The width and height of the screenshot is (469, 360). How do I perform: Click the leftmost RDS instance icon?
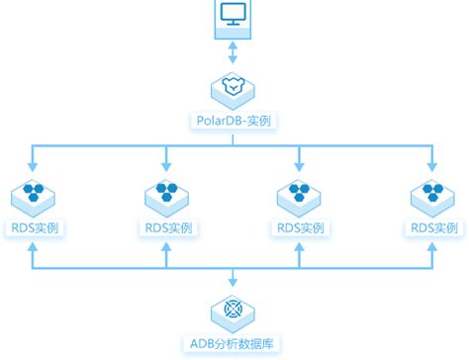[35, 194]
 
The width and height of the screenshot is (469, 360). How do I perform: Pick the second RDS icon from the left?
[165, 194]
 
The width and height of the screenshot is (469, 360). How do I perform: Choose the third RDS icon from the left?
[299, 194]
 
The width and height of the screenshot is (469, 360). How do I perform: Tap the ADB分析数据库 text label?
[234, 343]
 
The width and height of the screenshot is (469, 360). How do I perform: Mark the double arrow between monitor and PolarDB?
[234, 51]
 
